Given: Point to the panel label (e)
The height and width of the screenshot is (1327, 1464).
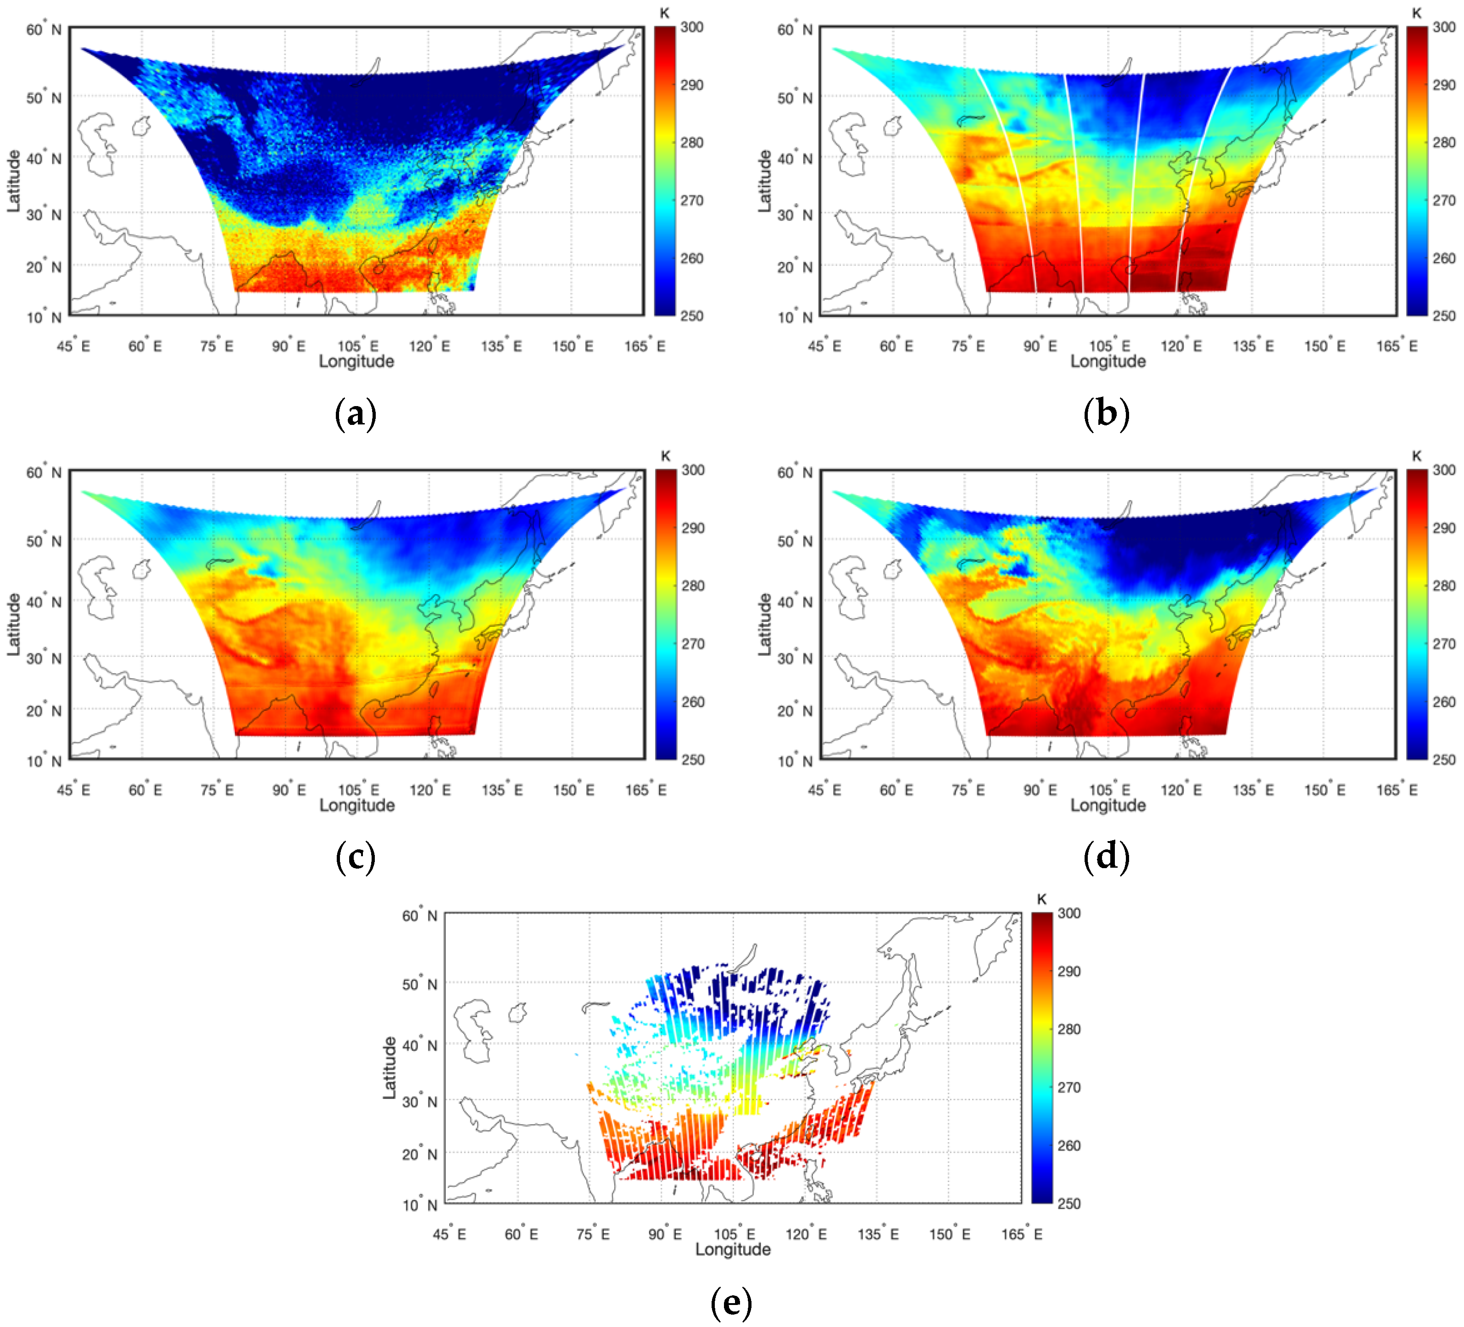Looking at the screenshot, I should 731,1302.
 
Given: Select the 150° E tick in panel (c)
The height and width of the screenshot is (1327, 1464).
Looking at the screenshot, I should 573,790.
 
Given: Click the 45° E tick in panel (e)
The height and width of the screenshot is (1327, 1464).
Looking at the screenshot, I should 450,1234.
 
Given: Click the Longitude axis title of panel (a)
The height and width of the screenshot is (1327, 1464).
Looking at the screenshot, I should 356,362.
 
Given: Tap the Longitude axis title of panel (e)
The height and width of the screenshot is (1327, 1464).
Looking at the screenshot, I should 733,1249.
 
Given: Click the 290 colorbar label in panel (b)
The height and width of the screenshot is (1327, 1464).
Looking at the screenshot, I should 1444,85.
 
